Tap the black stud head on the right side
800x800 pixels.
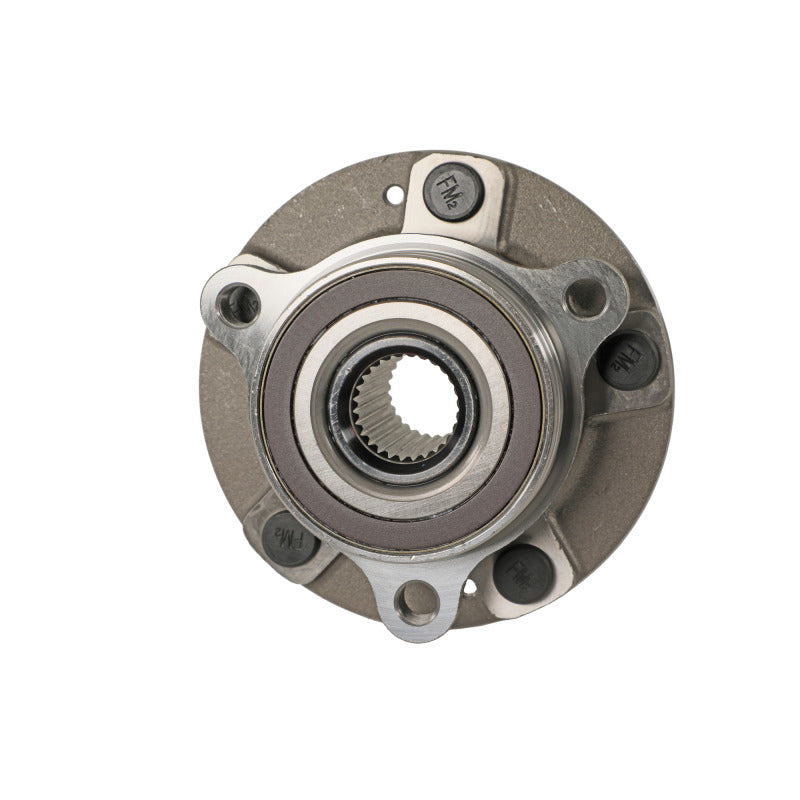point(628,359)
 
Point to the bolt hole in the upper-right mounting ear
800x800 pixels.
point(585,297)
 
